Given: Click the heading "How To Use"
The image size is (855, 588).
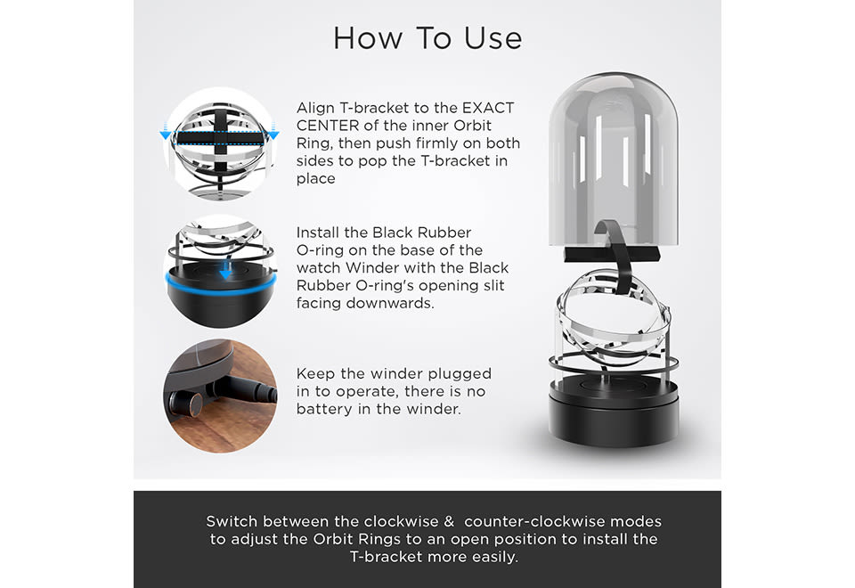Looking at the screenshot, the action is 427,38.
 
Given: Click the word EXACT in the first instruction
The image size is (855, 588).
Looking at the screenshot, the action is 488,108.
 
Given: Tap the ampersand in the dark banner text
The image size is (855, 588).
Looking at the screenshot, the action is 449,521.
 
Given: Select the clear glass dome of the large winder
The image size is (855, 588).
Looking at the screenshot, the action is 614,159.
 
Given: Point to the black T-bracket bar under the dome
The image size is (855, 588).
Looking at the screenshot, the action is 612,254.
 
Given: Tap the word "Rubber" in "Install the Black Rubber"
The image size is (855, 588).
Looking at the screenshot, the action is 444,233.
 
